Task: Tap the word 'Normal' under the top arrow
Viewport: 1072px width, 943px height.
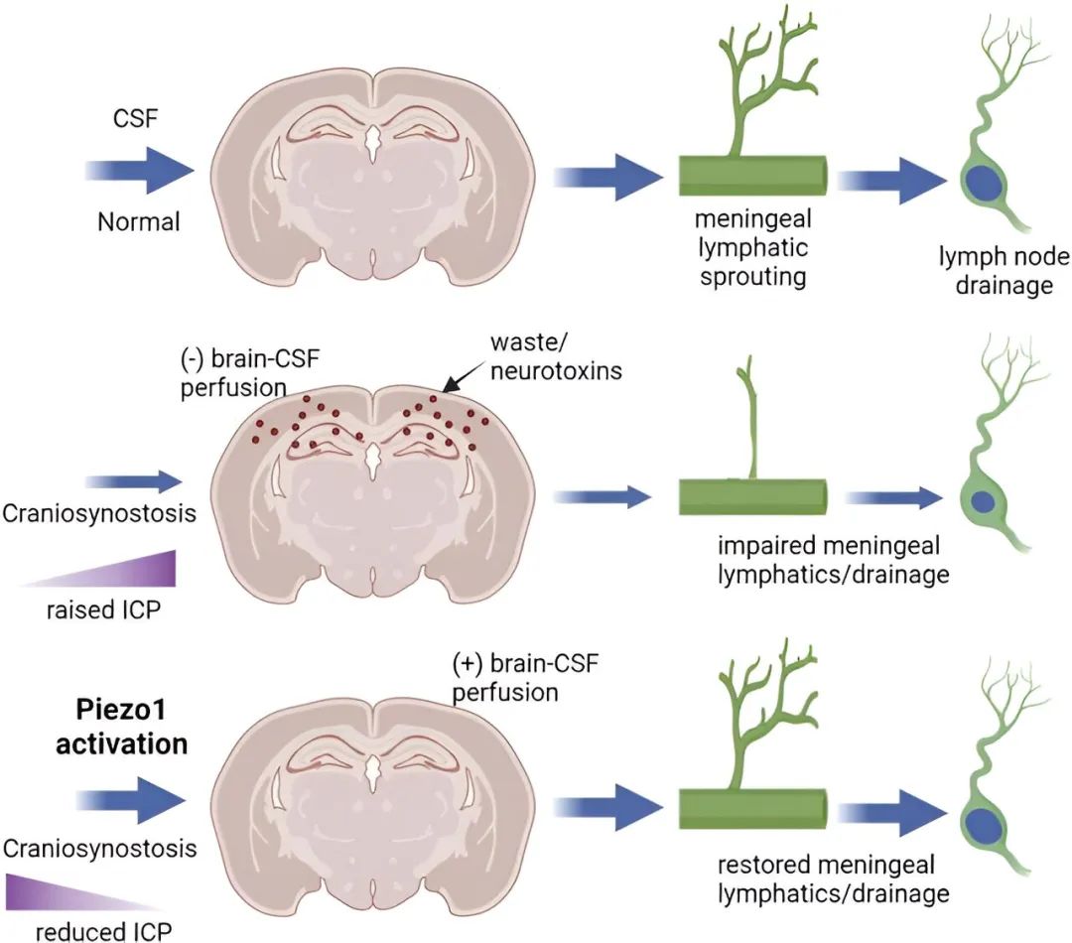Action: [138, 221]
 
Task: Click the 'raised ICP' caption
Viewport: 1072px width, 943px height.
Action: [100, 609]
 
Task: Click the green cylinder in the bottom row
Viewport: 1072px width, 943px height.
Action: [753, 809]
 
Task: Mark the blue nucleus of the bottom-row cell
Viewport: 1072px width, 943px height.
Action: [983, 824]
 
